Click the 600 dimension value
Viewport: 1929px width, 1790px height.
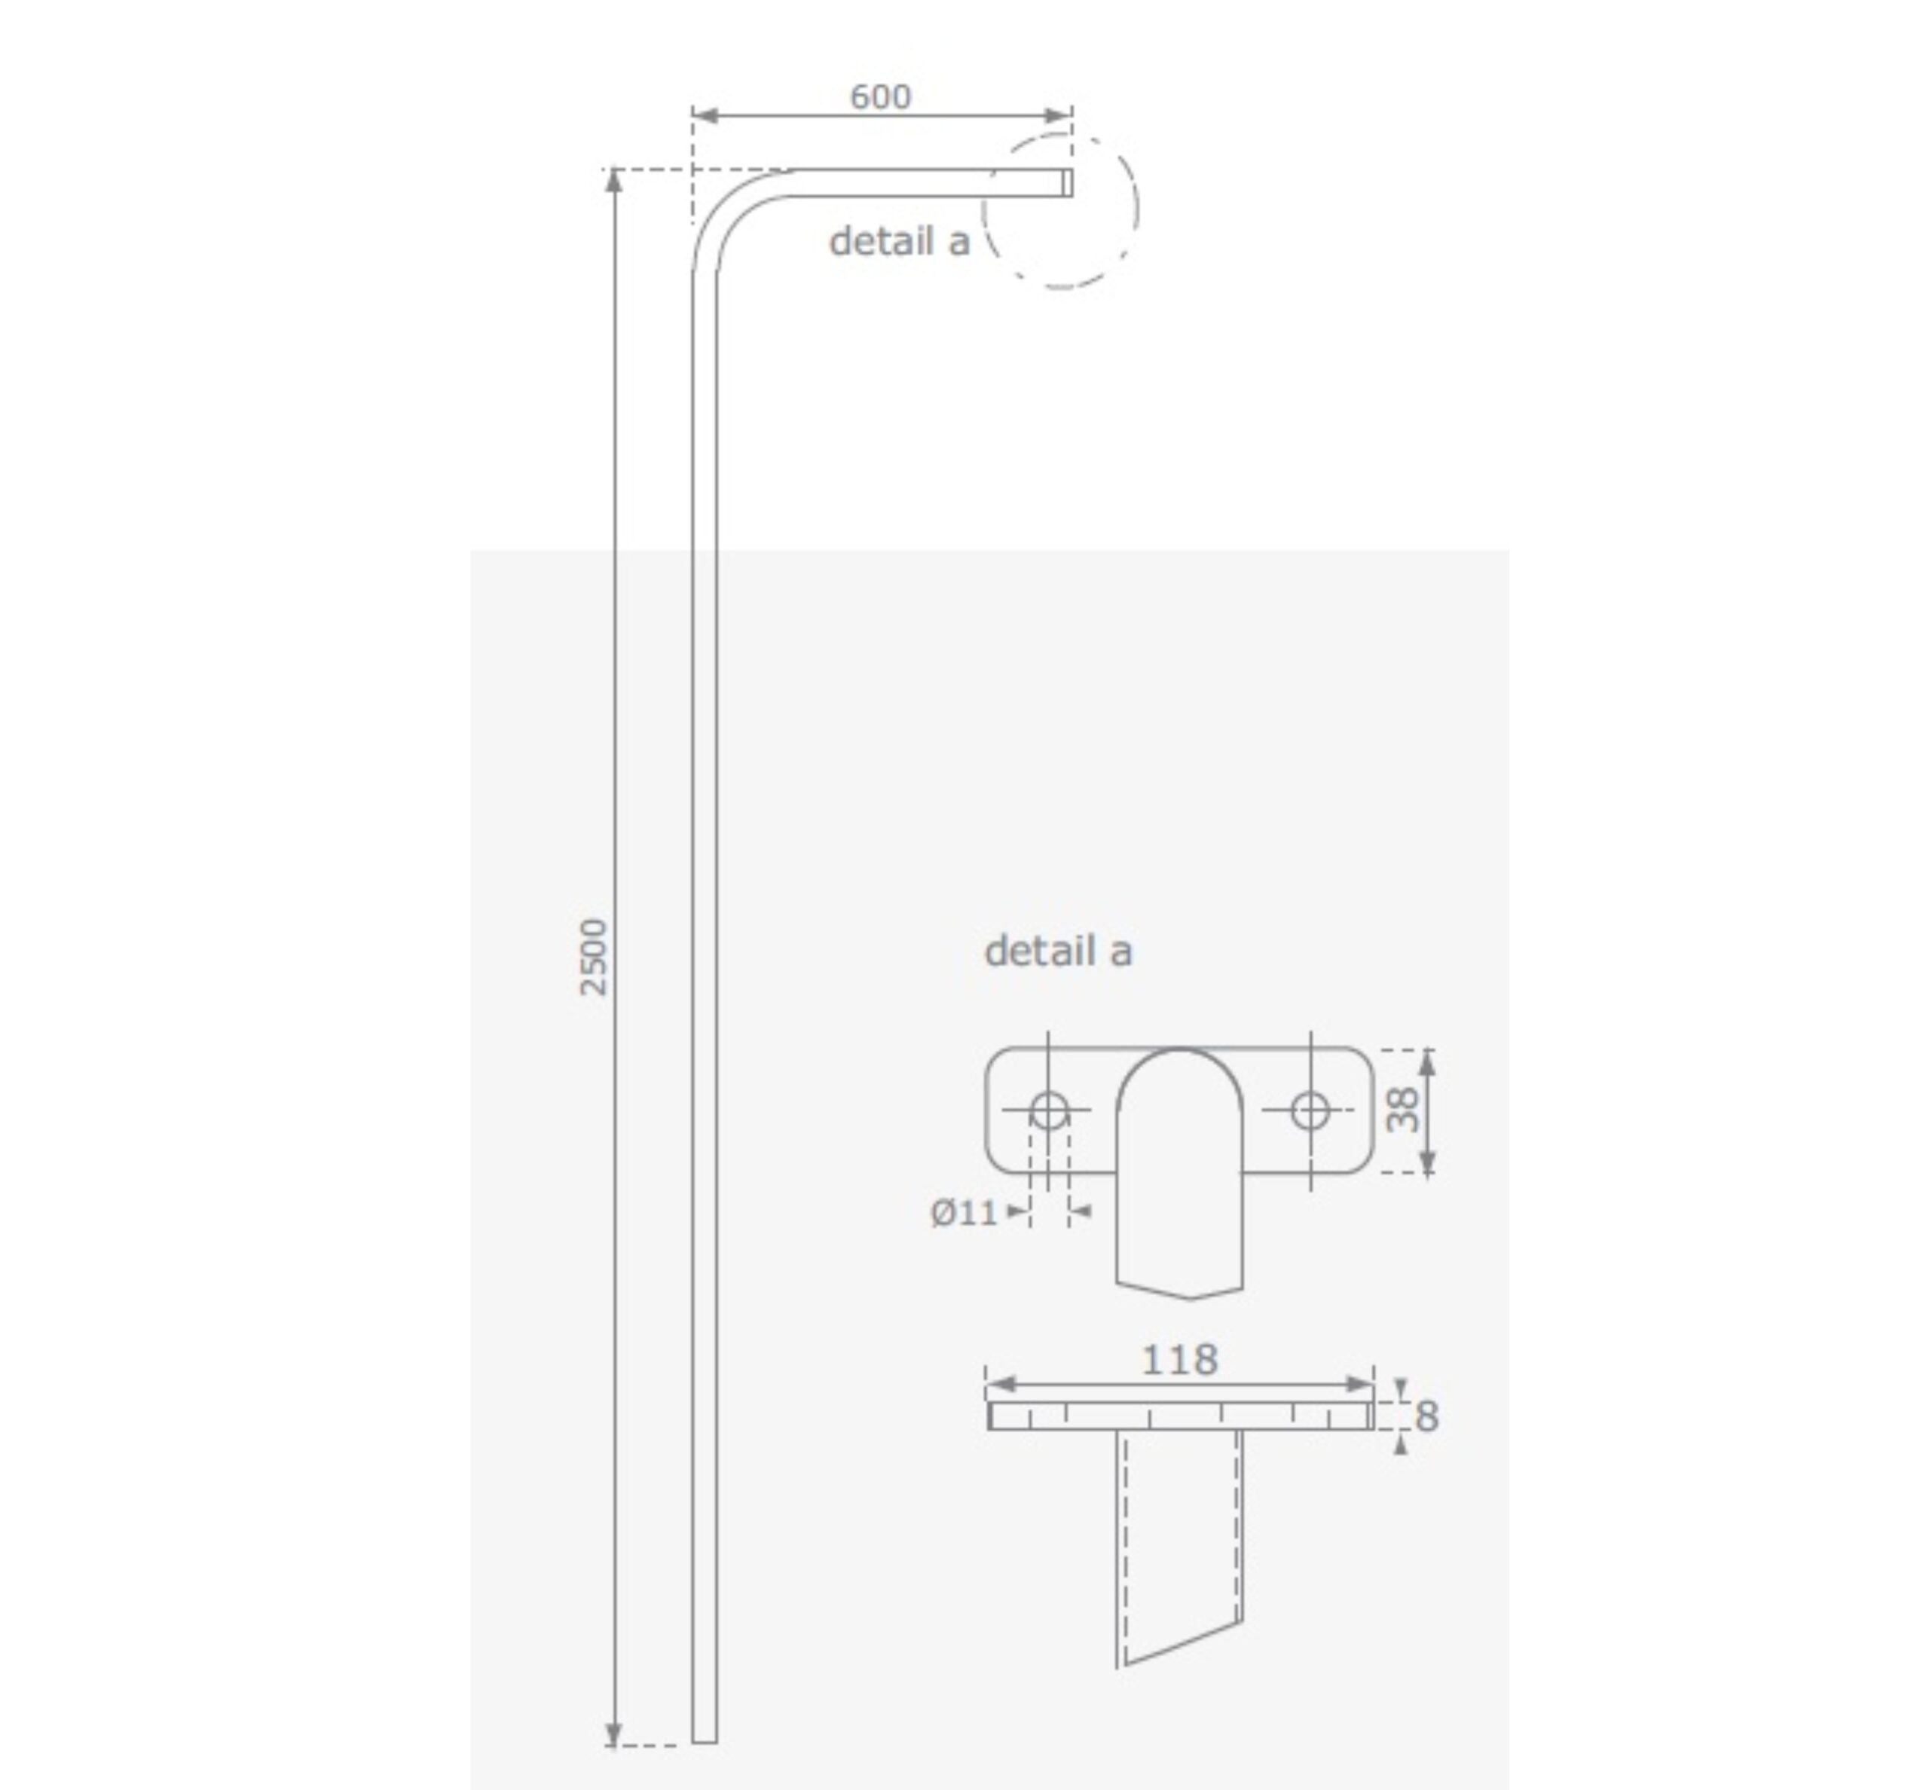click(879, 97)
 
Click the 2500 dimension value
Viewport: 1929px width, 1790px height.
click(593, 957)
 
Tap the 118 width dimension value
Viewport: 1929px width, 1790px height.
click(1179, 1360)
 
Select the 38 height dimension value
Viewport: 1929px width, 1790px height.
click(1402, 1110)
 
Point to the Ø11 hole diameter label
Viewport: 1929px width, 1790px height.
click(964, 1213)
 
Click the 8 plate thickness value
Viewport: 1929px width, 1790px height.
click(1426, 1417)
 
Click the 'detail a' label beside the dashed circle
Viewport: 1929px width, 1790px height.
click(899, 242)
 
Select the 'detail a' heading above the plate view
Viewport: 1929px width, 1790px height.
click(1057, 952)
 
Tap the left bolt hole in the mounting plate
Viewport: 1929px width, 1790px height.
click(1048, 1110)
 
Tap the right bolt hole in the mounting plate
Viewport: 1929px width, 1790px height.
click(1310, 1110)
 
